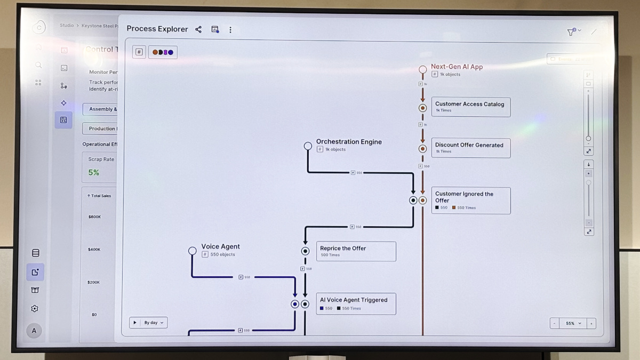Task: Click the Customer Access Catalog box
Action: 470,107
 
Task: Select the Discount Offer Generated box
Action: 470,148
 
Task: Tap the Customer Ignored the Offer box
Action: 470,201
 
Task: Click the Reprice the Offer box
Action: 356,251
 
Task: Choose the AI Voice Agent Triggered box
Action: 356,303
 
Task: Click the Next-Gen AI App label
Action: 457,67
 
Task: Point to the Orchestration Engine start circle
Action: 308,146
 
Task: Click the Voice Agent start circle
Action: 193,251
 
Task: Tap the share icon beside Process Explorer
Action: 198,29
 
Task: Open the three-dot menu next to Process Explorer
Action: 230,30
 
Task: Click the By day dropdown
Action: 153,323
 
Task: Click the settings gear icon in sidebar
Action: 35,309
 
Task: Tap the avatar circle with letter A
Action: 34,331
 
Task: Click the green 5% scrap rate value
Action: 94,172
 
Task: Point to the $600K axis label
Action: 94,217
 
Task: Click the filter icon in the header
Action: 571,32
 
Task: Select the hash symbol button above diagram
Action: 139,52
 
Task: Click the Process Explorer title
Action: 157,29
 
